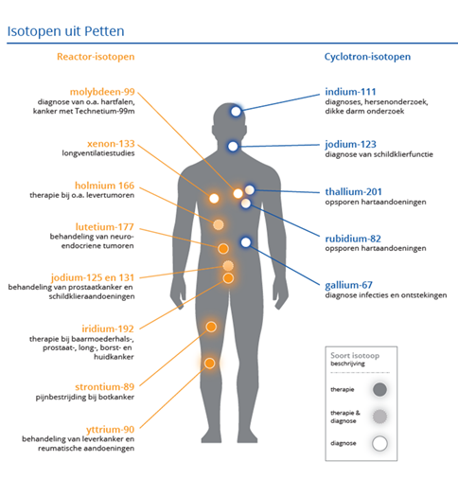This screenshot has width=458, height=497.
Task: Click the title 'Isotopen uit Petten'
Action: coord(65,31)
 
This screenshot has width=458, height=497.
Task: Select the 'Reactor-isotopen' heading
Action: coord(96,57)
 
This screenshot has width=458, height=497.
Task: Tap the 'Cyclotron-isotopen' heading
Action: coord(367,57)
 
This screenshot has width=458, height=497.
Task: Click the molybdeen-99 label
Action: coord(102,92)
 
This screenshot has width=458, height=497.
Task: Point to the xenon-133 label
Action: coord(111,144)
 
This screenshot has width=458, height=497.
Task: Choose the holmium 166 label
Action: coord(104,186)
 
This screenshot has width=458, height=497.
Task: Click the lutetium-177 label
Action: coord(104,227)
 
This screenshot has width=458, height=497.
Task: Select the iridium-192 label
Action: coord(108,328)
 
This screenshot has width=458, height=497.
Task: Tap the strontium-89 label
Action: coord(104,387)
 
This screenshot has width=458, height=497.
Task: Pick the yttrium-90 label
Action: coord(110,430)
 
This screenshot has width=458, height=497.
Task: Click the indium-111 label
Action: coord(350,92)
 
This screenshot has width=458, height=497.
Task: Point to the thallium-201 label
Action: coord(353,192)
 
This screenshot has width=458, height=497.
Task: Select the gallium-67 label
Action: coord(348,285)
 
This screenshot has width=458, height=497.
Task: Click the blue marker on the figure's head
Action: coord(236,112)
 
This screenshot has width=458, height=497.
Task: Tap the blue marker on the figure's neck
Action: coord(233,147)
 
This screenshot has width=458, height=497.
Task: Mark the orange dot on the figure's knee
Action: coord(209,364)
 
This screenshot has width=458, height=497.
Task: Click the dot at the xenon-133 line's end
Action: coord(214,199)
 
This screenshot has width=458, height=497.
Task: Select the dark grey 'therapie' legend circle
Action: coord(379,389)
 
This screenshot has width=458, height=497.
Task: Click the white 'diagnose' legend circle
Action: coord(379,443)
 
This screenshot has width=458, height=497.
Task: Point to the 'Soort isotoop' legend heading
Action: coord(355,356)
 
